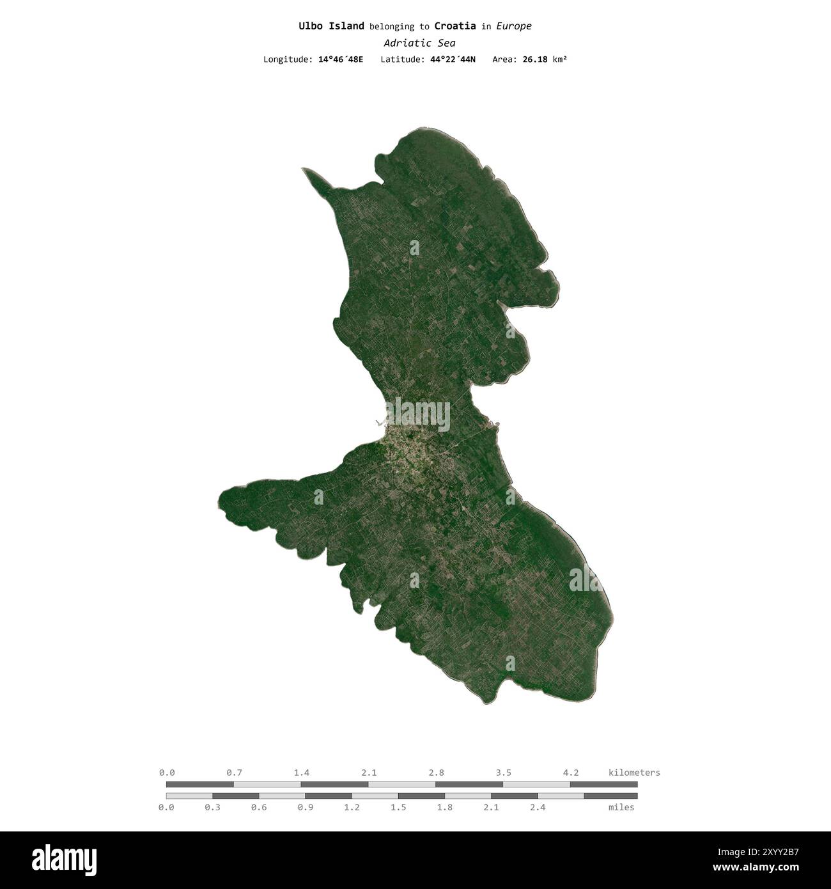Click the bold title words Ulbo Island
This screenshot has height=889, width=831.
coord(331,26)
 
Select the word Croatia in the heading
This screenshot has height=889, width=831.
coord(454,26)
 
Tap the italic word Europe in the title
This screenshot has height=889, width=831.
coord(514,26)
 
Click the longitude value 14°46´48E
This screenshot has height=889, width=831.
coord(341,59)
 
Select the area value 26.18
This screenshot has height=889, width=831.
coord(534,59)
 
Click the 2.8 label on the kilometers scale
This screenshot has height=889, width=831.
coord(437,773)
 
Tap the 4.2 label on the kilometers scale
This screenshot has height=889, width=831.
coord(571,773)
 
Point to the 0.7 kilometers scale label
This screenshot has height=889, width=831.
coord(234,773)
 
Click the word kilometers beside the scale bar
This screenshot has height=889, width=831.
coord(634,773)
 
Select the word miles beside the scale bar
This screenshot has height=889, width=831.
coord(621,807)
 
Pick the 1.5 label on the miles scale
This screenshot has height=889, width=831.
coord(398,807)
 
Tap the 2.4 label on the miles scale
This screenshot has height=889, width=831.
coord(538,807)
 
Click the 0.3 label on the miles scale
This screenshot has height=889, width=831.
coord(212,807)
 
